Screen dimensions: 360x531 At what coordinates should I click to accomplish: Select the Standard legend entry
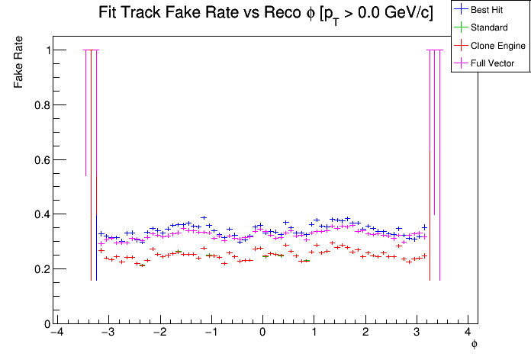pos(490,28)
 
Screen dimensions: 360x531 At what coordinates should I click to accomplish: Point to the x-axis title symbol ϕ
pos(474,345)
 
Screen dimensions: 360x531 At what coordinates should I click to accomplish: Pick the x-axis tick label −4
pos(56,333)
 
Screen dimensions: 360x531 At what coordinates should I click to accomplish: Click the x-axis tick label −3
pos(108,333)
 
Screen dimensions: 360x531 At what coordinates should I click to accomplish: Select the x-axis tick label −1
pos(211,333)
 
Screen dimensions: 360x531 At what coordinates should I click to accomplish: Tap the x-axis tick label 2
pos(365,333)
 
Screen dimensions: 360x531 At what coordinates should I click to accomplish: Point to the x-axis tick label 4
pos(468,333)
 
